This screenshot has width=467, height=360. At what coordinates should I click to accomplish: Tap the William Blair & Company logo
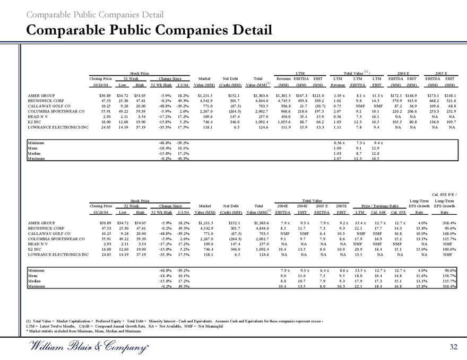coord(87,347)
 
